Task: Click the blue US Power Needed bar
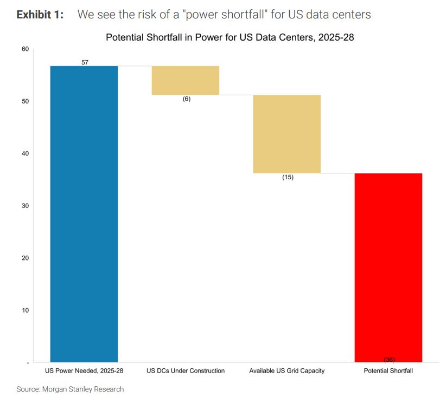[84, 213]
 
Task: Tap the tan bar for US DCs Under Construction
[185, 80]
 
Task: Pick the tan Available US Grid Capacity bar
[287, 134]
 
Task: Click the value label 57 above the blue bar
[85, 62]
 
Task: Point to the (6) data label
[187, 99]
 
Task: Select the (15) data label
[288, 177]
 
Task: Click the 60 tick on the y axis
[25, 49]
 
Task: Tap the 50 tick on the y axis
[25, 101]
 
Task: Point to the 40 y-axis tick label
[25, 153]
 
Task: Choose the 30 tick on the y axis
[25, 206]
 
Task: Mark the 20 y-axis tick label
[25, 258]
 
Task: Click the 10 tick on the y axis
[25, 310]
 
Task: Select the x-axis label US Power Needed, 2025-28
[84, 371]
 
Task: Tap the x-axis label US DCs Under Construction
[186, 371]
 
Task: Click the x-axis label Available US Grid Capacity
[287, 371]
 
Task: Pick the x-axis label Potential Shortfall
[388, 371]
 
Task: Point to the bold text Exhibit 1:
[40, 15]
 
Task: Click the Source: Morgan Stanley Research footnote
[70, 389]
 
